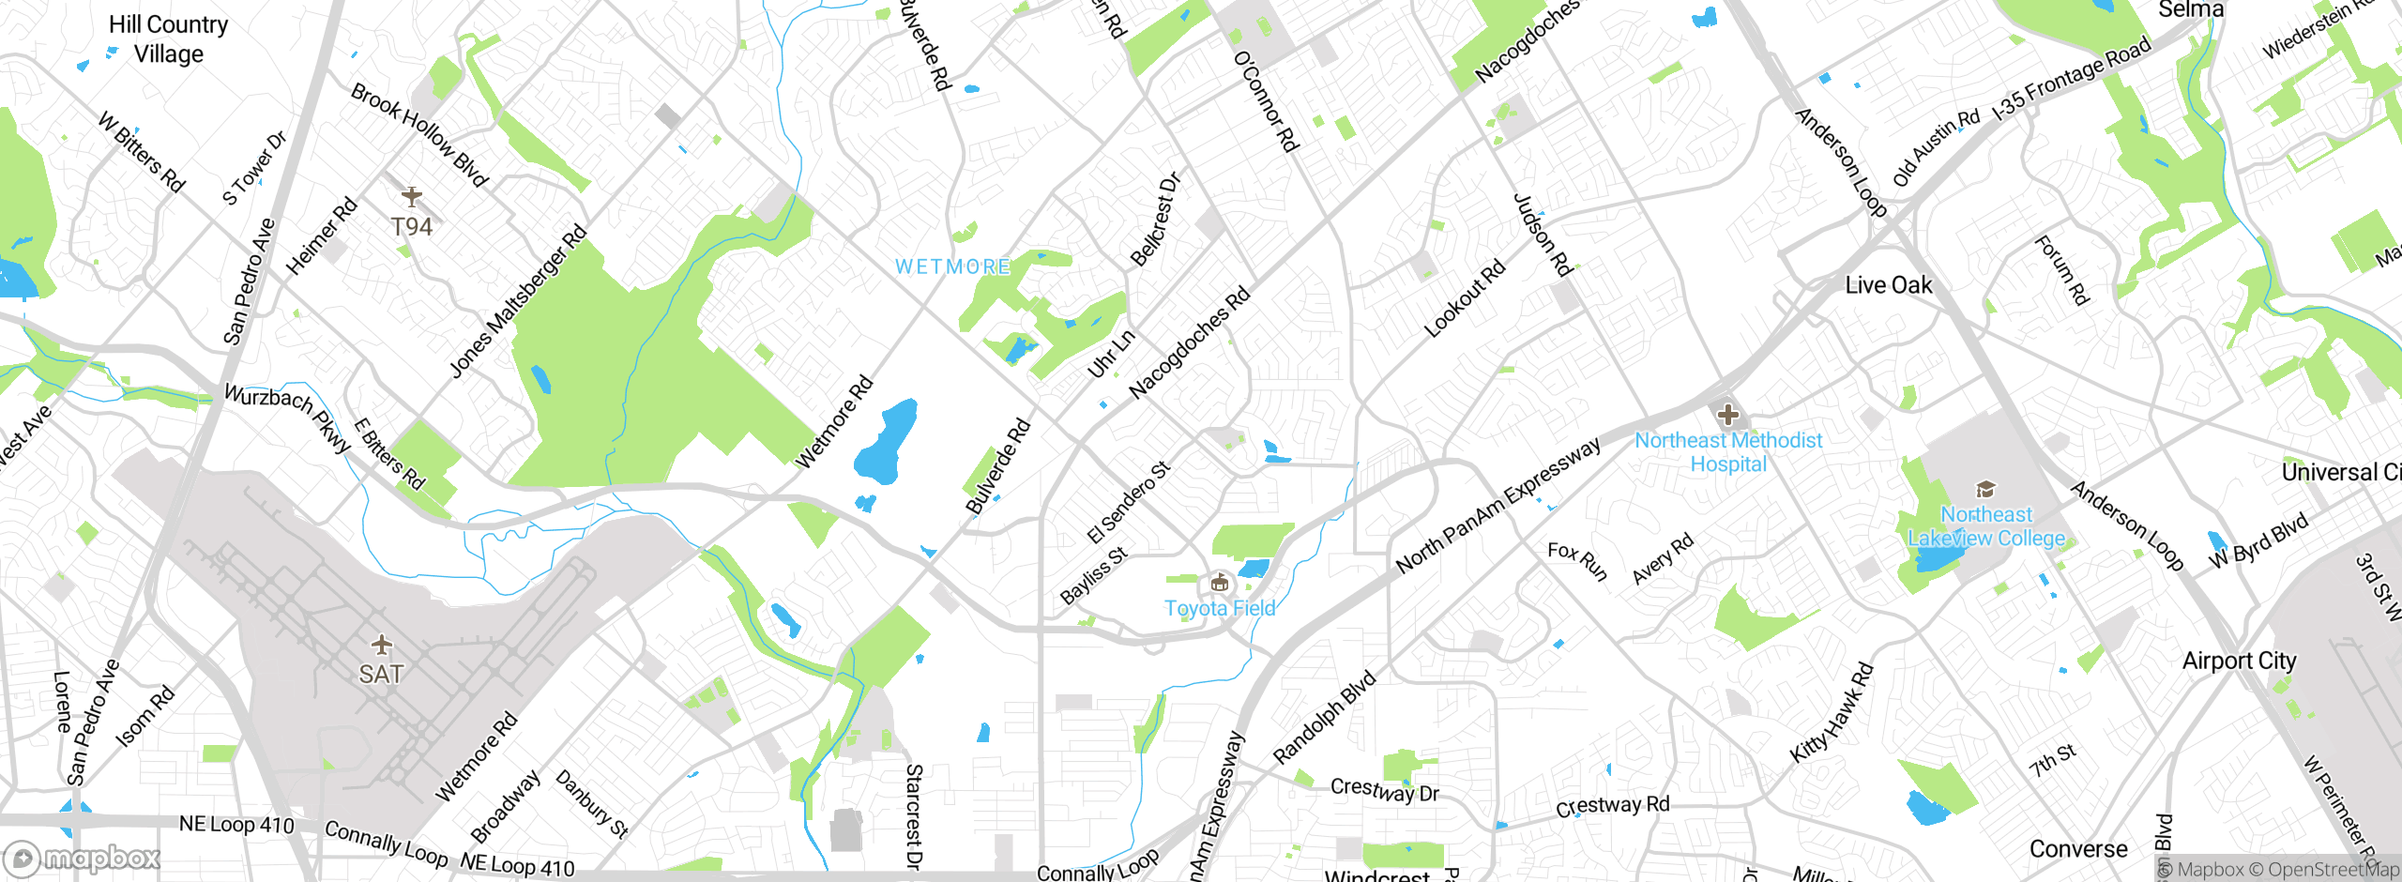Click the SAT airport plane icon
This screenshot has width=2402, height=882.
[x=381, y=645]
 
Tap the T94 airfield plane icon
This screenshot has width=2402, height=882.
[x=411, y=196]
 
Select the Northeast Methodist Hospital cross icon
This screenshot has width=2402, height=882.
[x=1727, y=415]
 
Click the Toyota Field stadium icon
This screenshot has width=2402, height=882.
[x=1219, y=584]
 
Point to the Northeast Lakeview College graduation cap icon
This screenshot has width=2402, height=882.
[x=1985, y=490]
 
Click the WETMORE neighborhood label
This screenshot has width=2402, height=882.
[x=952, y=267]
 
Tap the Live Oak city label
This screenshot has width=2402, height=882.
[x=1888, y=285]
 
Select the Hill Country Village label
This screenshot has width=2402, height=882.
[x=168, y=39]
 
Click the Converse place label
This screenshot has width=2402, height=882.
[x=2077, y=849]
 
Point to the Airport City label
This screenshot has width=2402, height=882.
[x=2239, y=661]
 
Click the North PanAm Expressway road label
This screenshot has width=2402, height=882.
[x=1497, y=506]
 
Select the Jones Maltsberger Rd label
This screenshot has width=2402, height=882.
[x=517, y=301]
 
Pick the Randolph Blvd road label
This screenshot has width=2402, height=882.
[x=1323, y=718]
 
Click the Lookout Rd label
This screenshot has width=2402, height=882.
[x=1464, y=298]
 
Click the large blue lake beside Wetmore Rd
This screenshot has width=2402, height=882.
[x=885, y=441]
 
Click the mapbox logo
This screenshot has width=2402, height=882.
[x=83, y=859]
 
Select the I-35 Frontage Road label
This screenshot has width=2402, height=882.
[x=2071, y=79]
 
